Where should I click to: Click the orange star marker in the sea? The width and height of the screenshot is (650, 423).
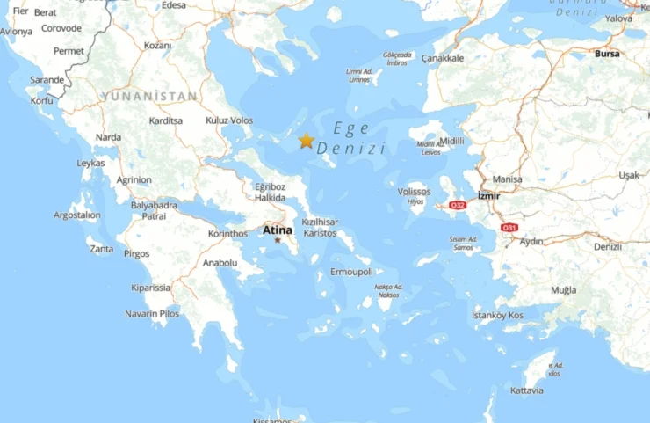tap(307, 141)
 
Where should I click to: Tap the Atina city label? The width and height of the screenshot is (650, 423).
tap(278, 230)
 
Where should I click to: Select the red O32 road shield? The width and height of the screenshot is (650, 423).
tap(457, 205)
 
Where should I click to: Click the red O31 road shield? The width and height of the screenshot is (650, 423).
tap(509, 228)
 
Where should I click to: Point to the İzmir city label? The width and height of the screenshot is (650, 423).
tap(488, 195)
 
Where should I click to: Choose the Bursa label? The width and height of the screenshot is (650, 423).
tap(607, 54)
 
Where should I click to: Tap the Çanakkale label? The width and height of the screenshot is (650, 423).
tap(443, 58)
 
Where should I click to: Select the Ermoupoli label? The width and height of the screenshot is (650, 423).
tap(351, 272)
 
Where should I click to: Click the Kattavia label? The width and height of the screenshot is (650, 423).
tap(527, 390)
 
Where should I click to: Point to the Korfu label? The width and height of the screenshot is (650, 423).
tap(41, 101)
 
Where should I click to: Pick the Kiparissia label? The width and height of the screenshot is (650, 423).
tap(151, 287)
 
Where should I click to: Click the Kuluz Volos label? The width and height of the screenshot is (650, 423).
tap(228, 120)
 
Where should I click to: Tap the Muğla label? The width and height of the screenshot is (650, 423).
tap(564, 290)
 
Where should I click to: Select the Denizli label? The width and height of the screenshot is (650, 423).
tap(607, 246)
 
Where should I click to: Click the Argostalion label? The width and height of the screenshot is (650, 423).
tap(77, 215)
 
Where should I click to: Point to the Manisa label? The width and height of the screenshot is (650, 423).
tap(508, 179)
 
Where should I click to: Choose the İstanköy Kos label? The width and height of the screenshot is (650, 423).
tap(497, 315)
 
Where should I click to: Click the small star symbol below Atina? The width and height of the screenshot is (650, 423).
tap(278, 240)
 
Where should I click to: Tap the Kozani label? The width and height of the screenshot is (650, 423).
tap(157, 45)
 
